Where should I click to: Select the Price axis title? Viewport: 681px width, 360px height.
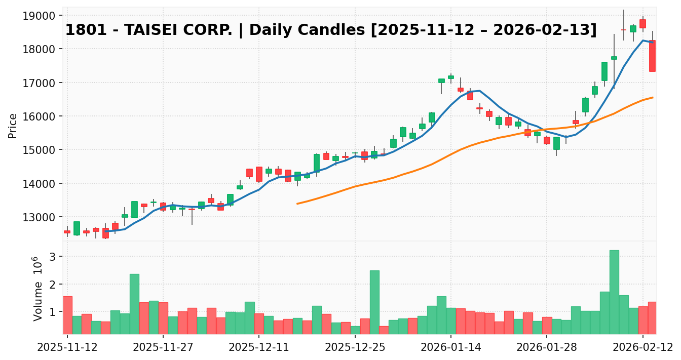(13, 126)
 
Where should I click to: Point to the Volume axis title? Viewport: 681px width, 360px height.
(37, 289)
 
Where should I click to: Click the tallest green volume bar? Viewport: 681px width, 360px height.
(614, 292)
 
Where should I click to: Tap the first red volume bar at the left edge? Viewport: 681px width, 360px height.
(67, 314)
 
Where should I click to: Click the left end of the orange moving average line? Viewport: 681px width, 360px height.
(297, 204)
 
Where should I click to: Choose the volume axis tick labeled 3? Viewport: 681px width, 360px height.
(53, 257)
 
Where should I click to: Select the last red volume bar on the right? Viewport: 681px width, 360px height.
(652, 317)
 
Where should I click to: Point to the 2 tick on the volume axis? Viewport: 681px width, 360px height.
(53, 285)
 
